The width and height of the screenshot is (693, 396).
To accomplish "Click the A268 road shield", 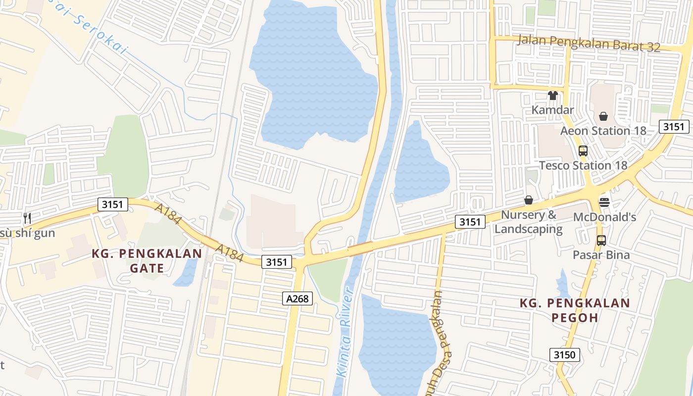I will click(x=297, y=298).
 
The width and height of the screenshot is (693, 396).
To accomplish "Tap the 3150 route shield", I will click(x=564, y=354).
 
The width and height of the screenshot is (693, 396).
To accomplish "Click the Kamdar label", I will click(x=552, y=110).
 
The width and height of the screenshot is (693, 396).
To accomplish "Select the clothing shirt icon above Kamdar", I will click(x=552, y=96).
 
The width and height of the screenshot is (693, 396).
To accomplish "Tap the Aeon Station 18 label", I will click(x=603, y=131).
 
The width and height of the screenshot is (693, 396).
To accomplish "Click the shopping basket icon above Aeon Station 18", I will click(x=603, y=116).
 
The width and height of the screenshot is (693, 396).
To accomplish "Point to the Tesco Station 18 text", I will click(x=583, y=165).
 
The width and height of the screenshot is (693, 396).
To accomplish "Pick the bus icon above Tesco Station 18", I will click(x=583, y=151).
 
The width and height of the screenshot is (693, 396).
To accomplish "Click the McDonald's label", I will click(x=604, y=217).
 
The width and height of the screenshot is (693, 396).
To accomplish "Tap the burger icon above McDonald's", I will click(x=604, y=202).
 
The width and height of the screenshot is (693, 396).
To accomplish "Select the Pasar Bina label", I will click(x=601, y=255).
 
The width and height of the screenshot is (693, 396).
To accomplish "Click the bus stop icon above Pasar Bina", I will click(x=601, y=241).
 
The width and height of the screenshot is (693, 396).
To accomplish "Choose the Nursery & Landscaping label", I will click(x=529, y=222).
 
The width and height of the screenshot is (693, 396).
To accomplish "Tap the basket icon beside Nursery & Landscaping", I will click(x=529, y=200).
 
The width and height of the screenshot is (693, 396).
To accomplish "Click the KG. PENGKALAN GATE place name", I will click(x=147, y=261).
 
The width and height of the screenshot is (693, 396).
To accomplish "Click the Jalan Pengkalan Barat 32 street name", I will click(x=589, y=44).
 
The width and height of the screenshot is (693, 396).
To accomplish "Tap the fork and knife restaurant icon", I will click(x=27, y=218).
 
